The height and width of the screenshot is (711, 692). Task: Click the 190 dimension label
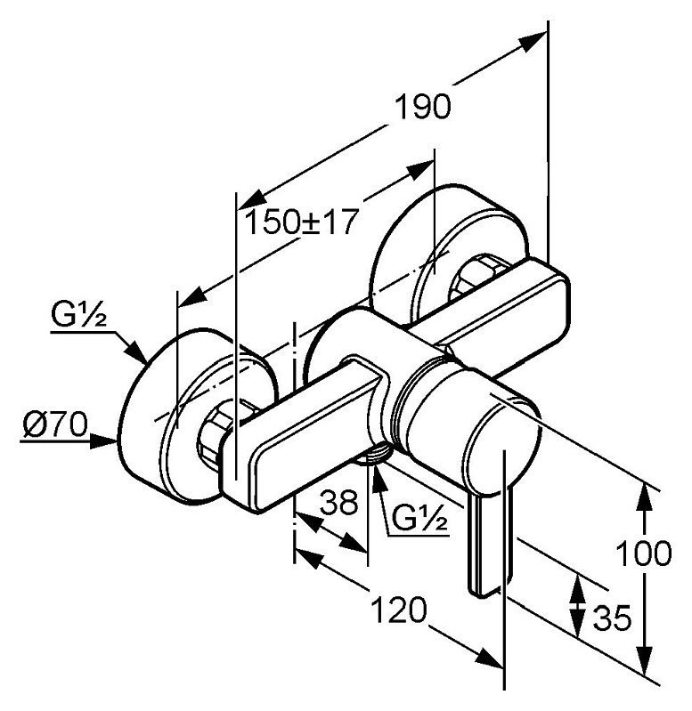point(423,108)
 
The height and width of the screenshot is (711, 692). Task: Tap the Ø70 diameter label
point(55,424)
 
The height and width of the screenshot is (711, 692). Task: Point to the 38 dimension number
point(339,502)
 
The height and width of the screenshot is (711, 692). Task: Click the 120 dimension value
point(399,610)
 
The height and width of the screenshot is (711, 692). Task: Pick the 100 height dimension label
point(643,553)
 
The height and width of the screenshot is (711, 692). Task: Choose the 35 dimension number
point(612,618)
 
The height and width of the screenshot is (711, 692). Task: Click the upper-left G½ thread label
point(79,315)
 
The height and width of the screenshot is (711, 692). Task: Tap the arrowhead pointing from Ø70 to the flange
point(103,440)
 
